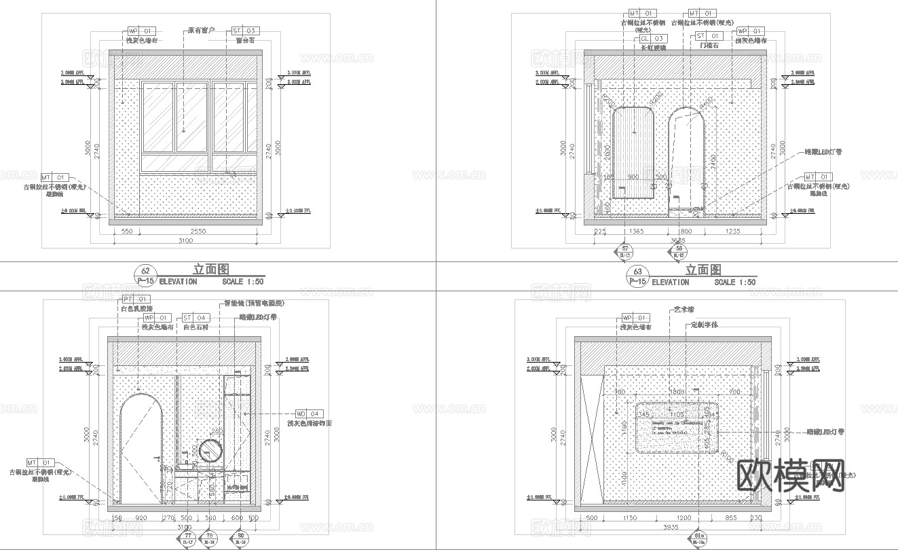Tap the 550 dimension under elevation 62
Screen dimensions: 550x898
tap(126, 232)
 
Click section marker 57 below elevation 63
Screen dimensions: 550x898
tap(624, 251)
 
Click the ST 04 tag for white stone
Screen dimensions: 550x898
tap(195, 318)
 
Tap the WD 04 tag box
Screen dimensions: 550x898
tap(310, 414)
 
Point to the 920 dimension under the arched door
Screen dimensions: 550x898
tap(141, 518)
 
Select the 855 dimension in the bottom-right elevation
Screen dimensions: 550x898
tap(730, 518)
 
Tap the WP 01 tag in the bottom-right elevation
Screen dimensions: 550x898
tap(636, 318)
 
